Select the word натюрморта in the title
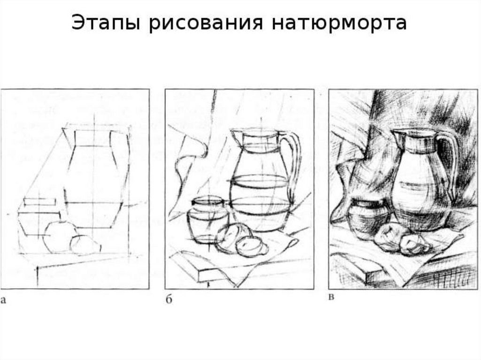[339, 23]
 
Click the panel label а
[3, 300]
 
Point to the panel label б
[169, 299]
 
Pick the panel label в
[331, 297]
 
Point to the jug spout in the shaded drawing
[397, 135]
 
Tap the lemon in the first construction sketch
[85, 245]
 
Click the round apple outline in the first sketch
[60, 237]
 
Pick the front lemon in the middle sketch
[251, 246]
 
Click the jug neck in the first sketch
[93, 138]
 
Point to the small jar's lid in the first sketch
[40, 202]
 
